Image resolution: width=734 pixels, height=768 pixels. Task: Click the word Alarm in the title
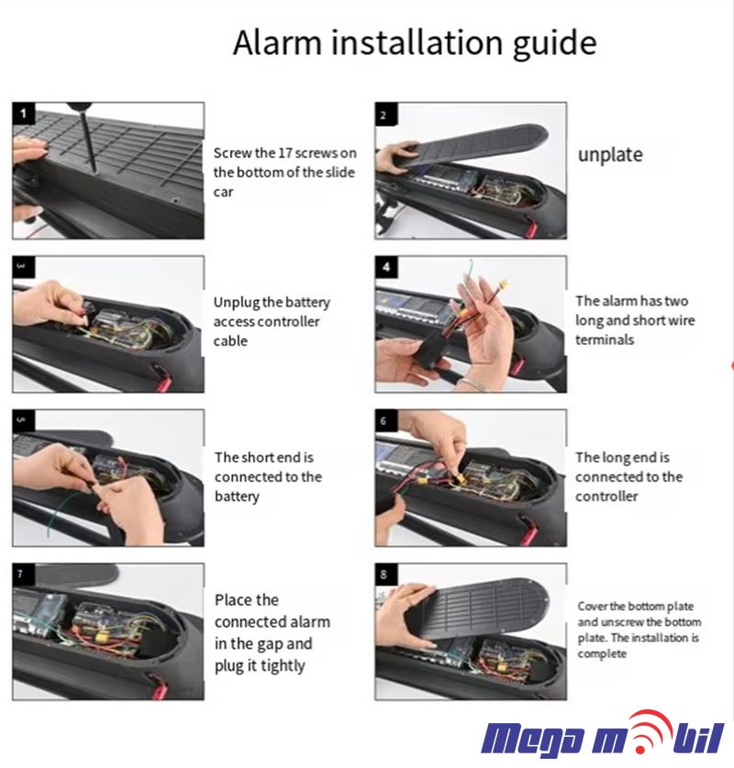[x=278, y=42]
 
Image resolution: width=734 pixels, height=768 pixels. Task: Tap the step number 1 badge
[x=23, y=114]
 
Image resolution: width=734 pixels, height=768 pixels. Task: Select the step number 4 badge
[x=386, y=267]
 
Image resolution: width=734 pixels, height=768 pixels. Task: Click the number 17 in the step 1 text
[x=285, y=153]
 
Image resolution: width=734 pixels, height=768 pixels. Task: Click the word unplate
[x=610, y=155]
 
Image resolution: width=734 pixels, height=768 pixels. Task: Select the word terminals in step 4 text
[x=605, y=339]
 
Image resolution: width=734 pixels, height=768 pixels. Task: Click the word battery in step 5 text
[x=237, y=496]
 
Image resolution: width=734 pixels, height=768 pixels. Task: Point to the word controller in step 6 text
[x=606, y=496]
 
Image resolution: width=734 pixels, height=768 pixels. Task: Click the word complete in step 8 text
[x=602, y=654]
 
